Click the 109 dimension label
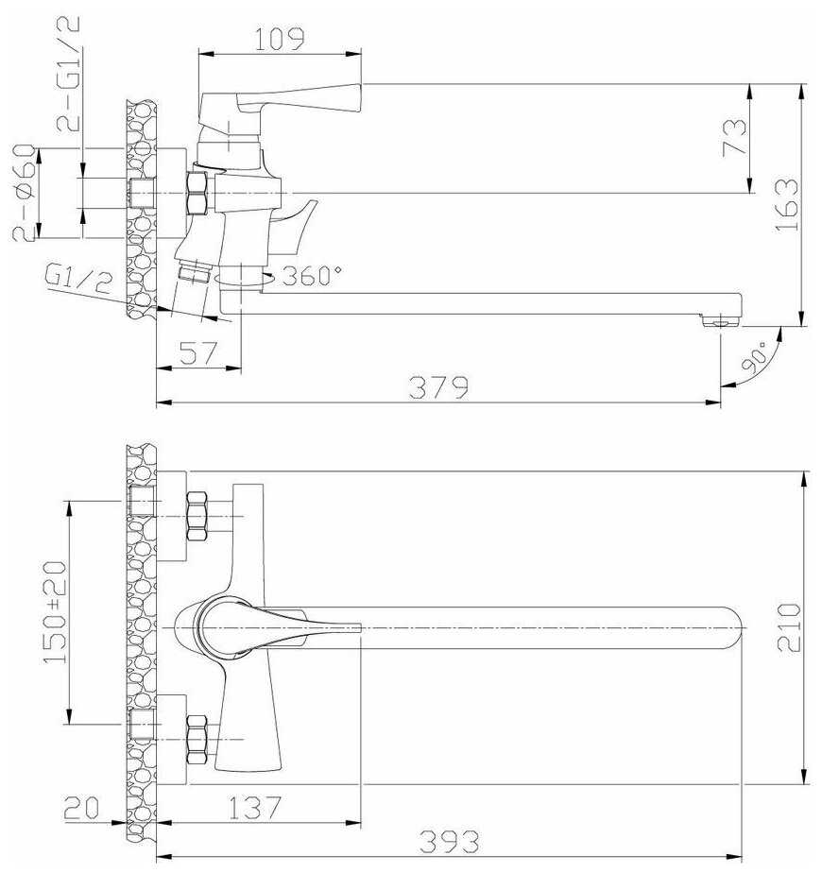pos(280,39)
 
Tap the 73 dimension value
pos(734,137)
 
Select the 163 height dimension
pos(786,204)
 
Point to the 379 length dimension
pos(438,387)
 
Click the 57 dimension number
pos(198,352)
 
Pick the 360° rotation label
pos(312,275)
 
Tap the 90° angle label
pos(754,356)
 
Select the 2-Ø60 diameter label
pos(25,193)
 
